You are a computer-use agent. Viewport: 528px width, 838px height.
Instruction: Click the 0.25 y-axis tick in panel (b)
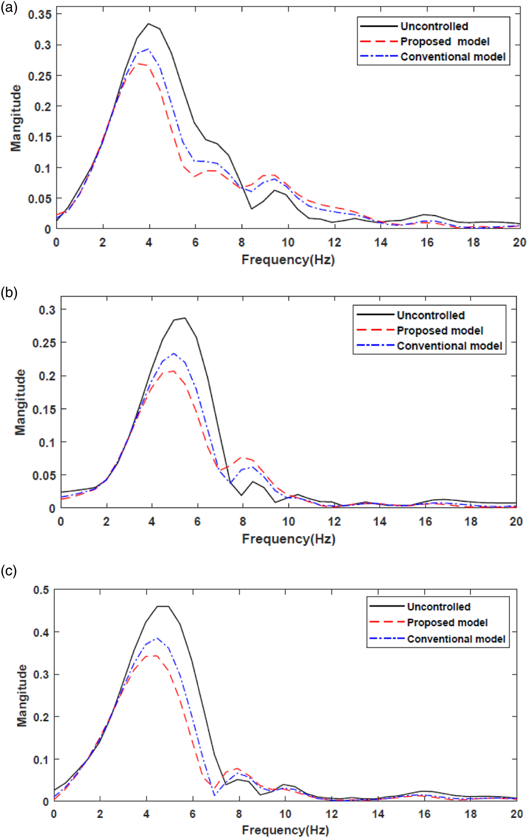click(x=44, y=343)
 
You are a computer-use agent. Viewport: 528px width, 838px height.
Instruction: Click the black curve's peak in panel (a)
click(x=149, y=24)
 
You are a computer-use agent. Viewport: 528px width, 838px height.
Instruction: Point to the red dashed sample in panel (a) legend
click(x=378, y=41)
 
